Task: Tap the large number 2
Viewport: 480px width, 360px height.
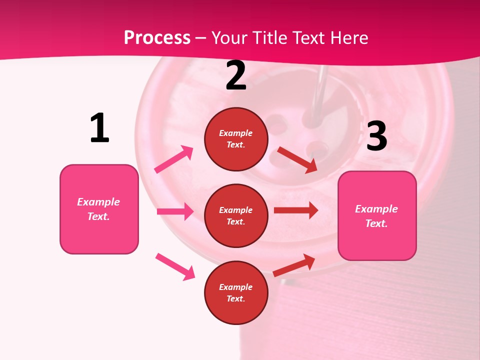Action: [236, 76]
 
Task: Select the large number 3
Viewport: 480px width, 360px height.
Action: [376, 136]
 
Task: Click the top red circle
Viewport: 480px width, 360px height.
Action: [236, 139]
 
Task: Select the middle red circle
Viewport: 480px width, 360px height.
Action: [236, 215]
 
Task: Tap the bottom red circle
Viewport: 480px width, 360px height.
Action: [236, 292]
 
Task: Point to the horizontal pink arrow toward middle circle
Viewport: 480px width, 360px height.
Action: [175, 211]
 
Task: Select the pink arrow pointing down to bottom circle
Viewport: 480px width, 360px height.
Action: [175, 266]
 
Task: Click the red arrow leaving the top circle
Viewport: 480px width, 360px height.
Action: [297, 160]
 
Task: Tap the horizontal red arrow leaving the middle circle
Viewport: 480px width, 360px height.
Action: [296, 210]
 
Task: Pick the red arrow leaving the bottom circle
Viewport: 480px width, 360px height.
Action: [294, 265]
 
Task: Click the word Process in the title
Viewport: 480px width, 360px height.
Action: [157, 37]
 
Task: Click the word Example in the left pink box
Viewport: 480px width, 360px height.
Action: [98, 202]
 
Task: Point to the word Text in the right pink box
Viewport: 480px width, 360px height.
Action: [376, 223]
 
